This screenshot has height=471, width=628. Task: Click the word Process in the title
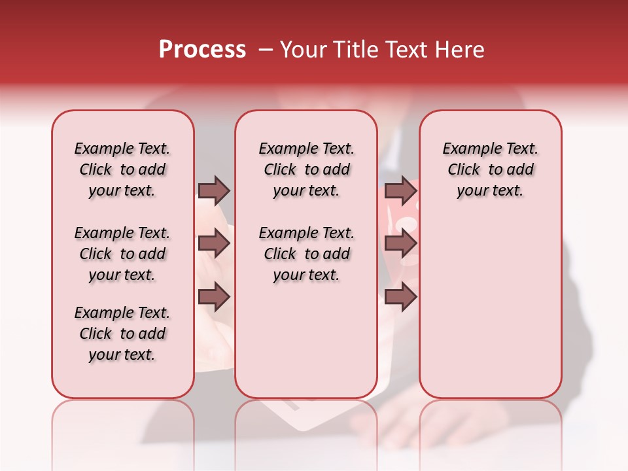pos(202,50)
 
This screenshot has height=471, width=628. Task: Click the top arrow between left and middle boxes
pos(214,190)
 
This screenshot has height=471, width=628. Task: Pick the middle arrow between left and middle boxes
pos(214,244)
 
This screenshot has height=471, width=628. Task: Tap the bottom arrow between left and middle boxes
pos(214,298)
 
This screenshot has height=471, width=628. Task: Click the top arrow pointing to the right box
pos(400,190)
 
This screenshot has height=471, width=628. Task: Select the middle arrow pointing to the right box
pos(400,244)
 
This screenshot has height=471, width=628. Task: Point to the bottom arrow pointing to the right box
pos(400,298)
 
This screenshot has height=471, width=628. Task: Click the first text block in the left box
pos(122,169)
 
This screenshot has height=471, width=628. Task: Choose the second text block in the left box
pos(122,254)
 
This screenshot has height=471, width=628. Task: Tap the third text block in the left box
pos(122,334)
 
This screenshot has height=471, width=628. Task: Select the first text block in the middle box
pos(306,169)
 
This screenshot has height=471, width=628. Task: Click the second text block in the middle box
pos(306,254)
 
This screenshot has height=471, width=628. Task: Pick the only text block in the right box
pos(490,169)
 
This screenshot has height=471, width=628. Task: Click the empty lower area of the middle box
pos(306,340)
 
